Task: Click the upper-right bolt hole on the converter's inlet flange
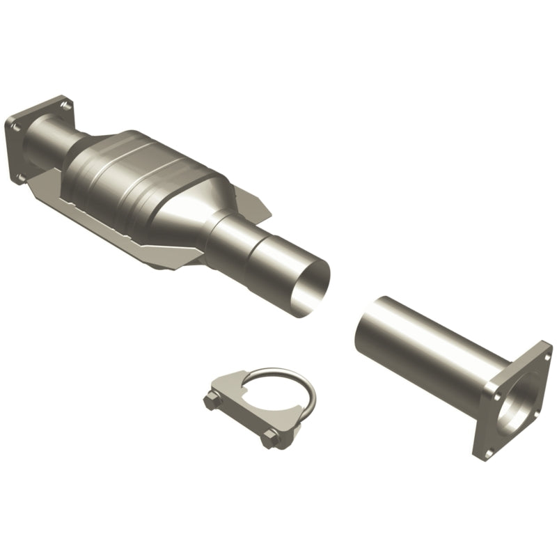pyautogui.click(x=65, y=106)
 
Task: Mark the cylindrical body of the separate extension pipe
pyautogui.click(x=425, y=348)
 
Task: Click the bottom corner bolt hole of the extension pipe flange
pyautogui.click(x=487, y=452)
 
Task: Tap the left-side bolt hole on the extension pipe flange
pyautogui.click(x=495, y=395)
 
